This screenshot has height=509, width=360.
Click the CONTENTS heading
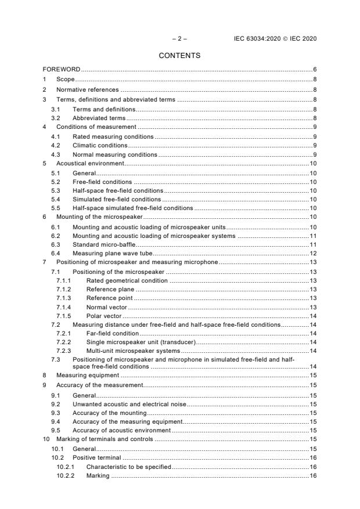pyautogui.click(x=179, y=56)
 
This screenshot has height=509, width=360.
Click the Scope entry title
pyautogui.click(x=65, y=79)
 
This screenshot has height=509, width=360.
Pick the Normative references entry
pyautogui.click(x=87, y=90)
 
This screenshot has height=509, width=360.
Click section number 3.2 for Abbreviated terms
pyautogui.click(x=56, y=118)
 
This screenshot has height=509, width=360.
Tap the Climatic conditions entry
pyautogui.click(x=99, y=145)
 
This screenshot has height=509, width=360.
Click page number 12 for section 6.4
pyautogui.click(x=312, y=254)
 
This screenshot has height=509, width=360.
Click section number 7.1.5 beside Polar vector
pyautogui.click(x=63, y=316)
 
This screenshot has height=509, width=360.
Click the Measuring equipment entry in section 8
pyautogui.click(x=85, y=376)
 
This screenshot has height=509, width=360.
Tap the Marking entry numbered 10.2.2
pyautogui.click(x=98, y=476)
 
